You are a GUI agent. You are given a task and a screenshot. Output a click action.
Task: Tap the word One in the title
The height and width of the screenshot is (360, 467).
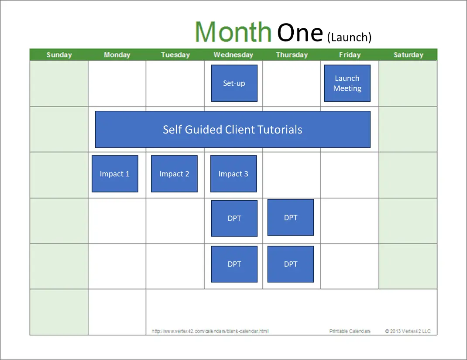(300, 32)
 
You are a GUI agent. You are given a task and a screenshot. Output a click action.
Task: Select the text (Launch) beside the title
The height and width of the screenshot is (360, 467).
(349, 37)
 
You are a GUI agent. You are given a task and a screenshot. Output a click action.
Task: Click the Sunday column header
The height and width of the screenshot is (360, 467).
(59, 55)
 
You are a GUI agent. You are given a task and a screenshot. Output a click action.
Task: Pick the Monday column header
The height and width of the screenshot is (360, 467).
(117, 55)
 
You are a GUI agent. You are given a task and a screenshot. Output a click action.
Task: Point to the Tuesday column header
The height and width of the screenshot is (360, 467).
(175, 55)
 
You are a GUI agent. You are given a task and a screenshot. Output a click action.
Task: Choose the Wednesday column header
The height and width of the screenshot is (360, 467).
(233, 55)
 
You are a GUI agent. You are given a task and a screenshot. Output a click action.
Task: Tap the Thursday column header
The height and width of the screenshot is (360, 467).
(292, 55)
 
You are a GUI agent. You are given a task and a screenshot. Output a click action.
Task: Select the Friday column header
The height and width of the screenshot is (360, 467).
(350, 55)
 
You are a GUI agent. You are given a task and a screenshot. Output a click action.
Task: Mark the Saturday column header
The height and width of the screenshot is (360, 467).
(409, 55)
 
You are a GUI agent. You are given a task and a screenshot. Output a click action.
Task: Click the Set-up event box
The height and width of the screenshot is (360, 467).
(234, 83)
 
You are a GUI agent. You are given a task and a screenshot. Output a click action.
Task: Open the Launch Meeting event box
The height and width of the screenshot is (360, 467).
(347, 83)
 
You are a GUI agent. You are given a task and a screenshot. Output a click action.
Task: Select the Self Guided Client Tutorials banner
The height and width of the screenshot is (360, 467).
(233, 129)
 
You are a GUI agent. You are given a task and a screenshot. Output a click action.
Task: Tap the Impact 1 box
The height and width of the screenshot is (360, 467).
(115, 174)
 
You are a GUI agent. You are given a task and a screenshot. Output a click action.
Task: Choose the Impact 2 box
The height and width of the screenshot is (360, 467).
(174, 174)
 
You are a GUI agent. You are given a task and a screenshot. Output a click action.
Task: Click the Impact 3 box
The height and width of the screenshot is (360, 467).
(233, 174)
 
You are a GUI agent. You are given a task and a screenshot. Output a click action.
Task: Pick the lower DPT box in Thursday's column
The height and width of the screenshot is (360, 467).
(291, 264)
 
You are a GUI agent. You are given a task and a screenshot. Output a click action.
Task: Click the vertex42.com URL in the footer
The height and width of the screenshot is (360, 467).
(210, 331)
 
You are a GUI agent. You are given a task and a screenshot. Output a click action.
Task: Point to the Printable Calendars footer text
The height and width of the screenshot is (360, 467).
(350, 331)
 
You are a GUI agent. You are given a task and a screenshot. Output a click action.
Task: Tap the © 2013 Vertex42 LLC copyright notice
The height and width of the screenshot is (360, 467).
(408, 331)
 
